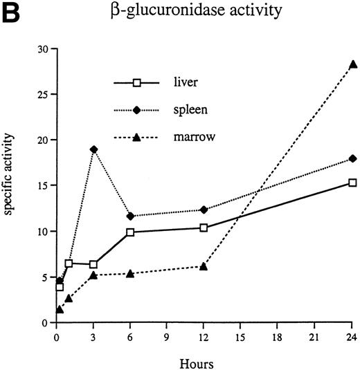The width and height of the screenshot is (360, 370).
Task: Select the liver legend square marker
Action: pos(137,83)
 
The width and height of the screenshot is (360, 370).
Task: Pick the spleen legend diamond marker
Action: pos(137,111)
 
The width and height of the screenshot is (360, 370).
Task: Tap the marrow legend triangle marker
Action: pos(137,138)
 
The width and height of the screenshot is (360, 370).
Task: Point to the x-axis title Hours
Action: pos(206,360)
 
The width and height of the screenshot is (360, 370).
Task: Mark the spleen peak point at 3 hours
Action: pos(93,149)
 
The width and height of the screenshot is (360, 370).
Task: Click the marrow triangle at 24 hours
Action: pos(353,64)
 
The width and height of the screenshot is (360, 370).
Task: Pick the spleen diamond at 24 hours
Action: pos(353,158)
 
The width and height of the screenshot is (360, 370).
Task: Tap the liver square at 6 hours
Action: pos(130,232)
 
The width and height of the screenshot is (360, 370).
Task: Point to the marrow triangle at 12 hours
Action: pos(204,266)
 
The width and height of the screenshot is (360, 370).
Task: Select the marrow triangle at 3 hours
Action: pos(93,275)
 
